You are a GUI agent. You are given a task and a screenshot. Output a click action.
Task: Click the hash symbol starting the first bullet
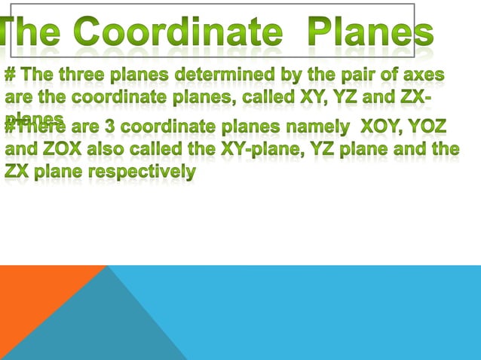click(x=11, y=76)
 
